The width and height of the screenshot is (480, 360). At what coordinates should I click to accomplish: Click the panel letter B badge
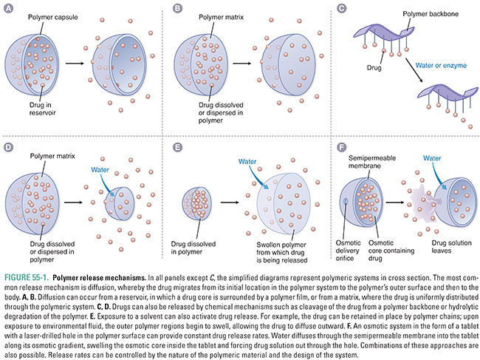point(176,10)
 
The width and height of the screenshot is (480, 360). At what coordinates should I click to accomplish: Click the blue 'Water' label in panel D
point(101,169)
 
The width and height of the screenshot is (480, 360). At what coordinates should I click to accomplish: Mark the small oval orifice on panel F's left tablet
point(346,202)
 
